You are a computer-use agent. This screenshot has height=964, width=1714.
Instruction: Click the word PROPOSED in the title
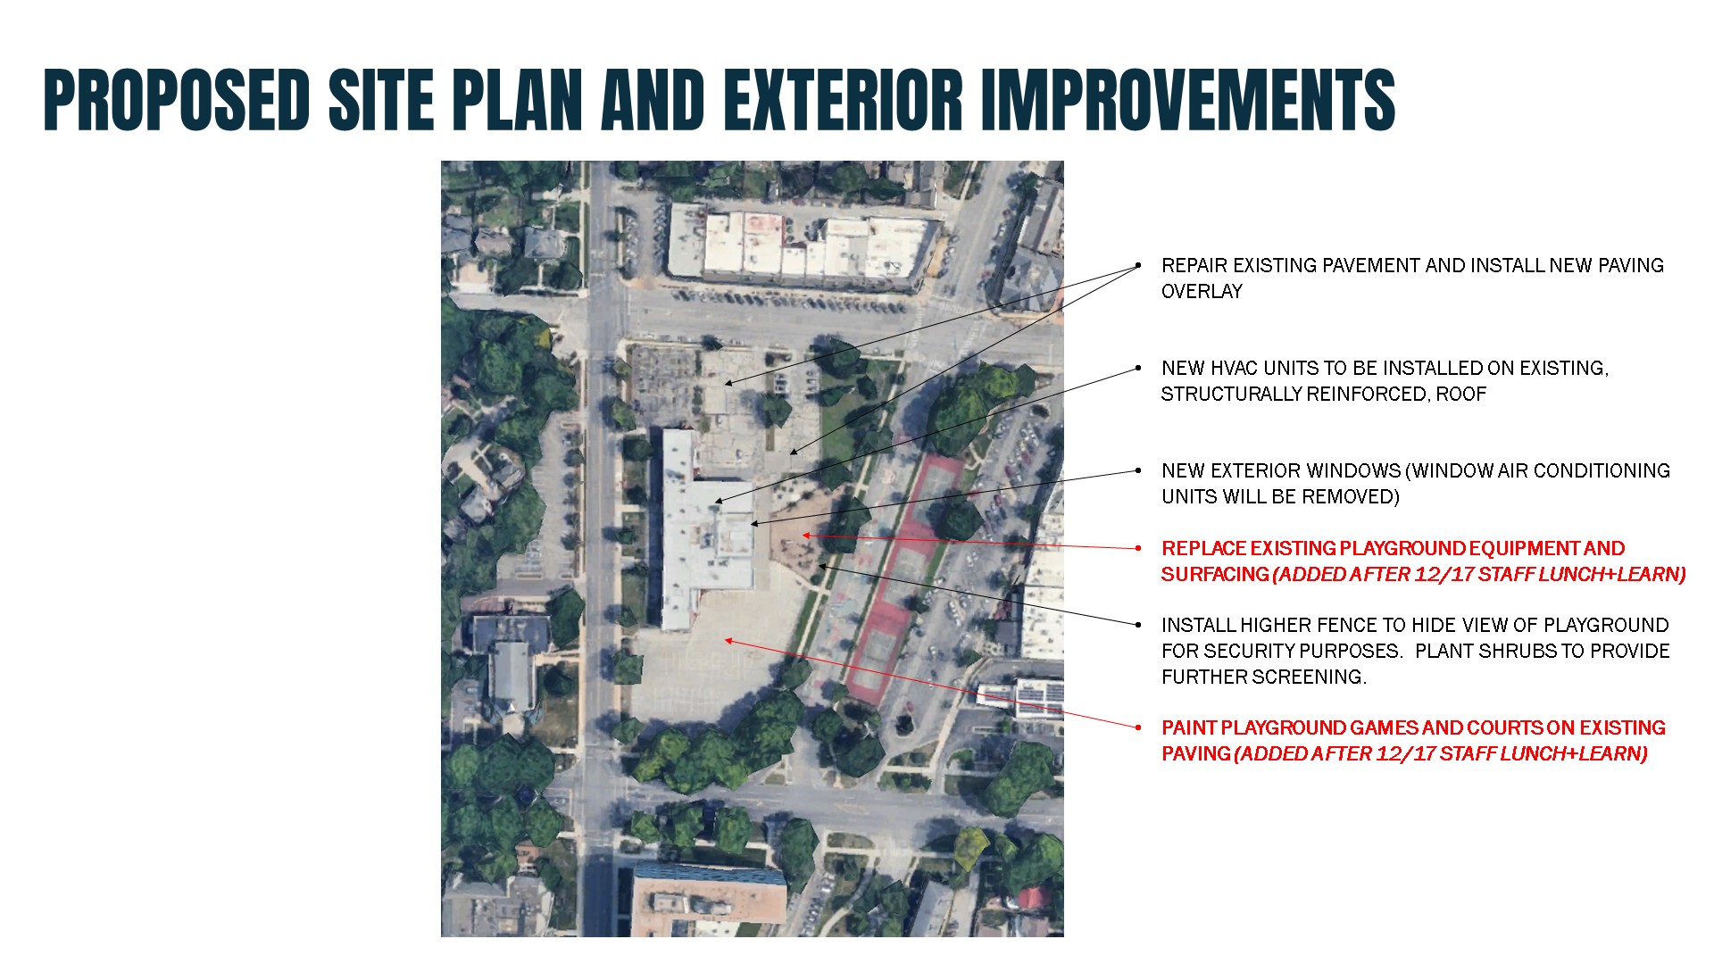point(177,99)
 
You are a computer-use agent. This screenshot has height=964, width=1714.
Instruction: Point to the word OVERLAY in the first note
point(1202,291)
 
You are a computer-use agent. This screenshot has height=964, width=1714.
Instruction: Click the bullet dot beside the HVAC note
point(1138,368)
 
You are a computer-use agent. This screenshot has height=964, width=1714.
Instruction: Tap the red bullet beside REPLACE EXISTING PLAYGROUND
point(1138,548)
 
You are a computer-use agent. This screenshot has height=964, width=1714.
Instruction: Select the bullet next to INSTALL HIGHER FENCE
point(1138,625)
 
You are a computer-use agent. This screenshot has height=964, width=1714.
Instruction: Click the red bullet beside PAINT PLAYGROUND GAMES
point(1138,727)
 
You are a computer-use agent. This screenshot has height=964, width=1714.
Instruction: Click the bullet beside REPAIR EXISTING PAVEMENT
point(1138,265)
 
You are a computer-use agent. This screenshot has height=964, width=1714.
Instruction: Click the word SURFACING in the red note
point(1215,574)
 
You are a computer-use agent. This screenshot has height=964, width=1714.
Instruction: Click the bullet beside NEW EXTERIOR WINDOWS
point(1138,470)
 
